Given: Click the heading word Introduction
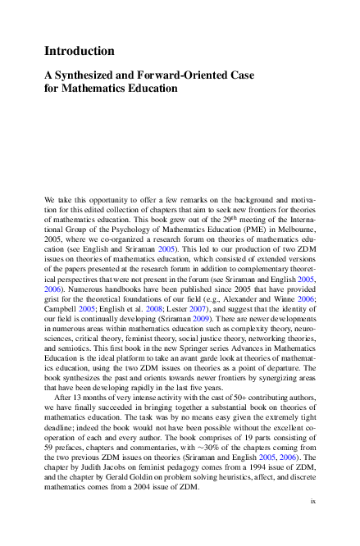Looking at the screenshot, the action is [79, 51].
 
